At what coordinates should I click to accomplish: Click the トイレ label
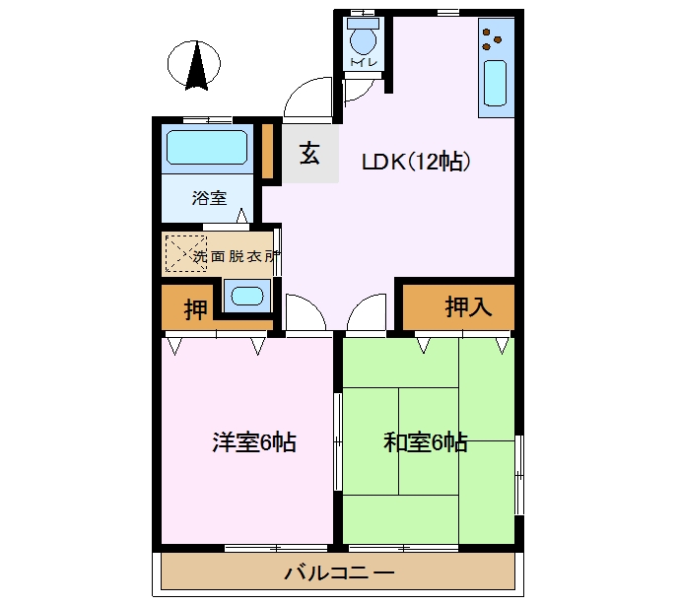pyautogui.click(x=364, y=62)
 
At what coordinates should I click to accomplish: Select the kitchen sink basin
pyautogui.click(x=495, y=83)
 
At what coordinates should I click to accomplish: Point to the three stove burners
pyautogui.click(x=492, y=39)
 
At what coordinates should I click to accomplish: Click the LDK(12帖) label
pyautogui.click(x=416, y=162)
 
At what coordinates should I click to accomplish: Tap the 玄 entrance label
pyautogui.click(x=309, y=154)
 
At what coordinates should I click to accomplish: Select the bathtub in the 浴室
pyautogui.click(x=207, y=147)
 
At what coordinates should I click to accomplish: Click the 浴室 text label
pyautogui.click(x=209, y=198)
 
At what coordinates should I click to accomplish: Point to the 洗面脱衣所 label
pyautogui.click(x=236, y=256)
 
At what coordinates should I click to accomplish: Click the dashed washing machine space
pyautogui.click(x=186, y=254)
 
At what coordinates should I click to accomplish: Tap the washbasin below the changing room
pyautogui.click(x=247, y=296)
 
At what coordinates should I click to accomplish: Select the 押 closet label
pyautogui.click(x=195, y=308)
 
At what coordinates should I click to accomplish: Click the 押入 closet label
pyautogui.click(x=468, y=306)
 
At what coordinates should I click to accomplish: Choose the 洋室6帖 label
pyautogui.click(x=254, y=442)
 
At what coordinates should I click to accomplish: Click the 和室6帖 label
pyautogui.click(x=426, y=442)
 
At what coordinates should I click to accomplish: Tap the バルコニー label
pyautogui.click(x=339, y=572)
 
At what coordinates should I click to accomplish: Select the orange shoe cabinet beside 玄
pyautogui.click(x=268, y=151)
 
